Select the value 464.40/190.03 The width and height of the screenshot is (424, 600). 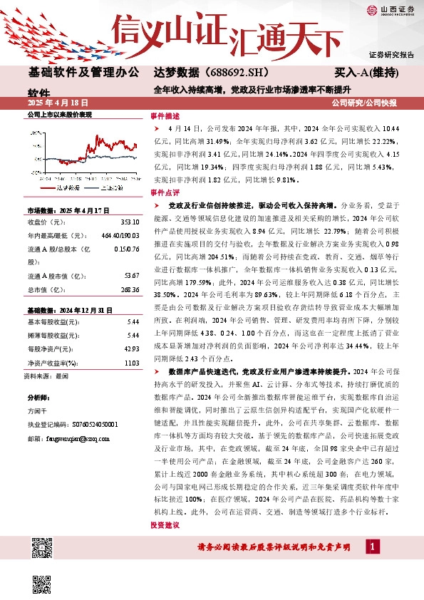120,236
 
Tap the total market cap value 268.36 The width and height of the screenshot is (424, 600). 130,291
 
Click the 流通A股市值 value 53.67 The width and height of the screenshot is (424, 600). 131,276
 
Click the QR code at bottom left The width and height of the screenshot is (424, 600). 43,549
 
